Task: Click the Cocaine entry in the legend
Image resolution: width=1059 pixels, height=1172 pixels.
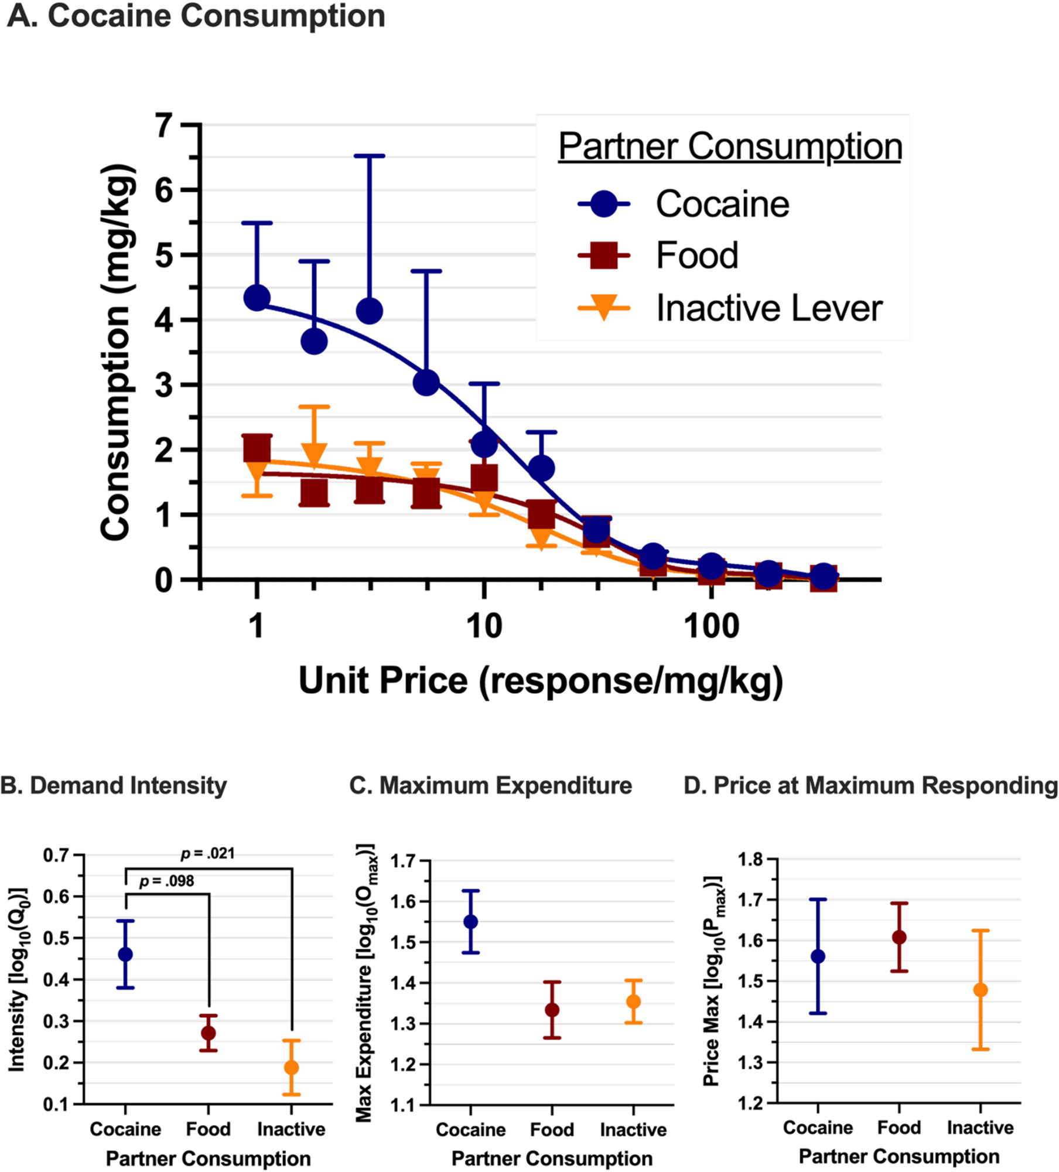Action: [x=722, y=204]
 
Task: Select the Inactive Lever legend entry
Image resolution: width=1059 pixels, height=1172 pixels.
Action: [x=768, y=308]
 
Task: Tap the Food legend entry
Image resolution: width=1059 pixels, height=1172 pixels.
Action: [x=696, y=255]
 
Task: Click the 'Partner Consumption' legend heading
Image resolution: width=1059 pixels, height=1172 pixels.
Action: [x=729, y=146]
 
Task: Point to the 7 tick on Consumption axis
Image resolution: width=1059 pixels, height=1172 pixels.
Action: [x=165, y=125]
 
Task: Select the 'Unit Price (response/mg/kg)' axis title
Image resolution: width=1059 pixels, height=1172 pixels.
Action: [x=541, y=680]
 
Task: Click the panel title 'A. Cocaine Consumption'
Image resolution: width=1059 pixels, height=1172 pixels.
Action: [x=196, y=16]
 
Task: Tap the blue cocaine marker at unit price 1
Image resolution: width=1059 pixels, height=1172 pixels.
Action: [x=257, y=298]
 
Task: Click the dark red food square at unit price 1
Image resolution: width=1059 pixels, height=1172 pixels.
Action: [x=257, y=449]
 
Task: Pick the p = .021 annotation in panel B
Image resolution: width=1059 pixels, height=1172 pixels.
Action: [x=207, y=854]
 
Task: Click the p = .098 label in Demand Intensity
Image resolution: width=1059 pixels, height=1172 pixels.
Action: [x=166, y=881]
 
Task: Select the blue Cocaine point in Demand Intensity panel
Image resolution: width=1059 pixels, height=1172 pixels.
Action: [x=125, y=955]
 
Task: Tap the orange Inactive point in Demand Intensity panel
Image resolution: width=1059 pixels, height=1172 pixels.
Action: [x=291, y=1068]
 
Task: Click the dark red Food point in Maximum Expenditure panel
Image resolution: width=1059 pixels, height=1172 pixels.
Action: [x=552, y=1010]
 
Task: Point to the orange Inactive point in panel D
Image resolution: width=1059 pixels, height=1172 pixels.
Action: [x=980, y=990]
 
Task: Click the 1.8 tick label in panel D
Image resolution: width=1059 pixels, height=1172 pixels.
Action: [x=750, y=860]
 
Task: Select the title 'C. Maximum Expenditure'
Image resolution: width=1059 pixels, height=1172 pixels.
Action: [x=490, y=786]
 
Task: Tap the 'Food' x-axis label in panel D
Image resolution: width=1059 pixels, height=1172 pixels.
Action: [x=899, y=1127]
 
